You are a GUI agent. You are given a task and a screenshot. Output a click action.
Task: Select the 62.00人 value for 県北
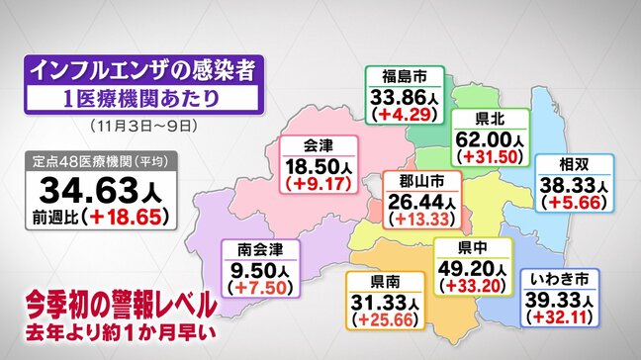(491, 141)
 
